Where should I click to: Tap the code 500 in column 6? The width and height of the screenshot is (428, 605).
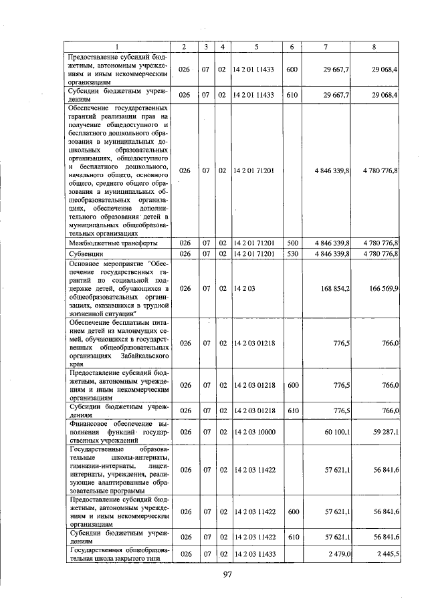(292, 243)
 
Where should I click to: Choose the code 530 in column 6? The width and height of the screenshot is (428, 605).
(292, 253)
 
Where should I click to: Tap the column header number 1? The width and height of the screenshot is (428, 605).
(118, 46)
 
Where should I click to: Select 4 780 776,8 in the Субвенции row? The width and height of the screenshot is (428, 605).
(381, 253)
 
